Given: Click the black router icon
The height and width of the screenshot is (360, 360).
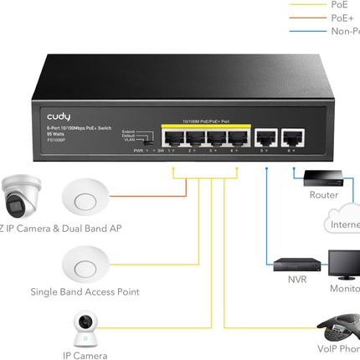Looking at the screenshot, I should (x=321, y=177).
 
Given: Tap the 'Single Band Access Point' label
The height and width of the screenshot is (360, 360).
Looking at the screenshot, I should (x=85, y=292).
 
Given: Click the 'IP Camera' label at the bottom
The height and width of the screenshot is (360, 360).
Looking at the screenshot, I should (x=85, y=355).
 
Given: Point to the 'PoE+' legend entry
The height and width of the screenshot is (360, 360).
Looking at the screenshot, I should (x=342, y=18).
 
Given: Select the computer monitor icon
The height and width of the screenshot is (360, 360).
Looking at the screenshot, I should (x=343, y=266).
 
